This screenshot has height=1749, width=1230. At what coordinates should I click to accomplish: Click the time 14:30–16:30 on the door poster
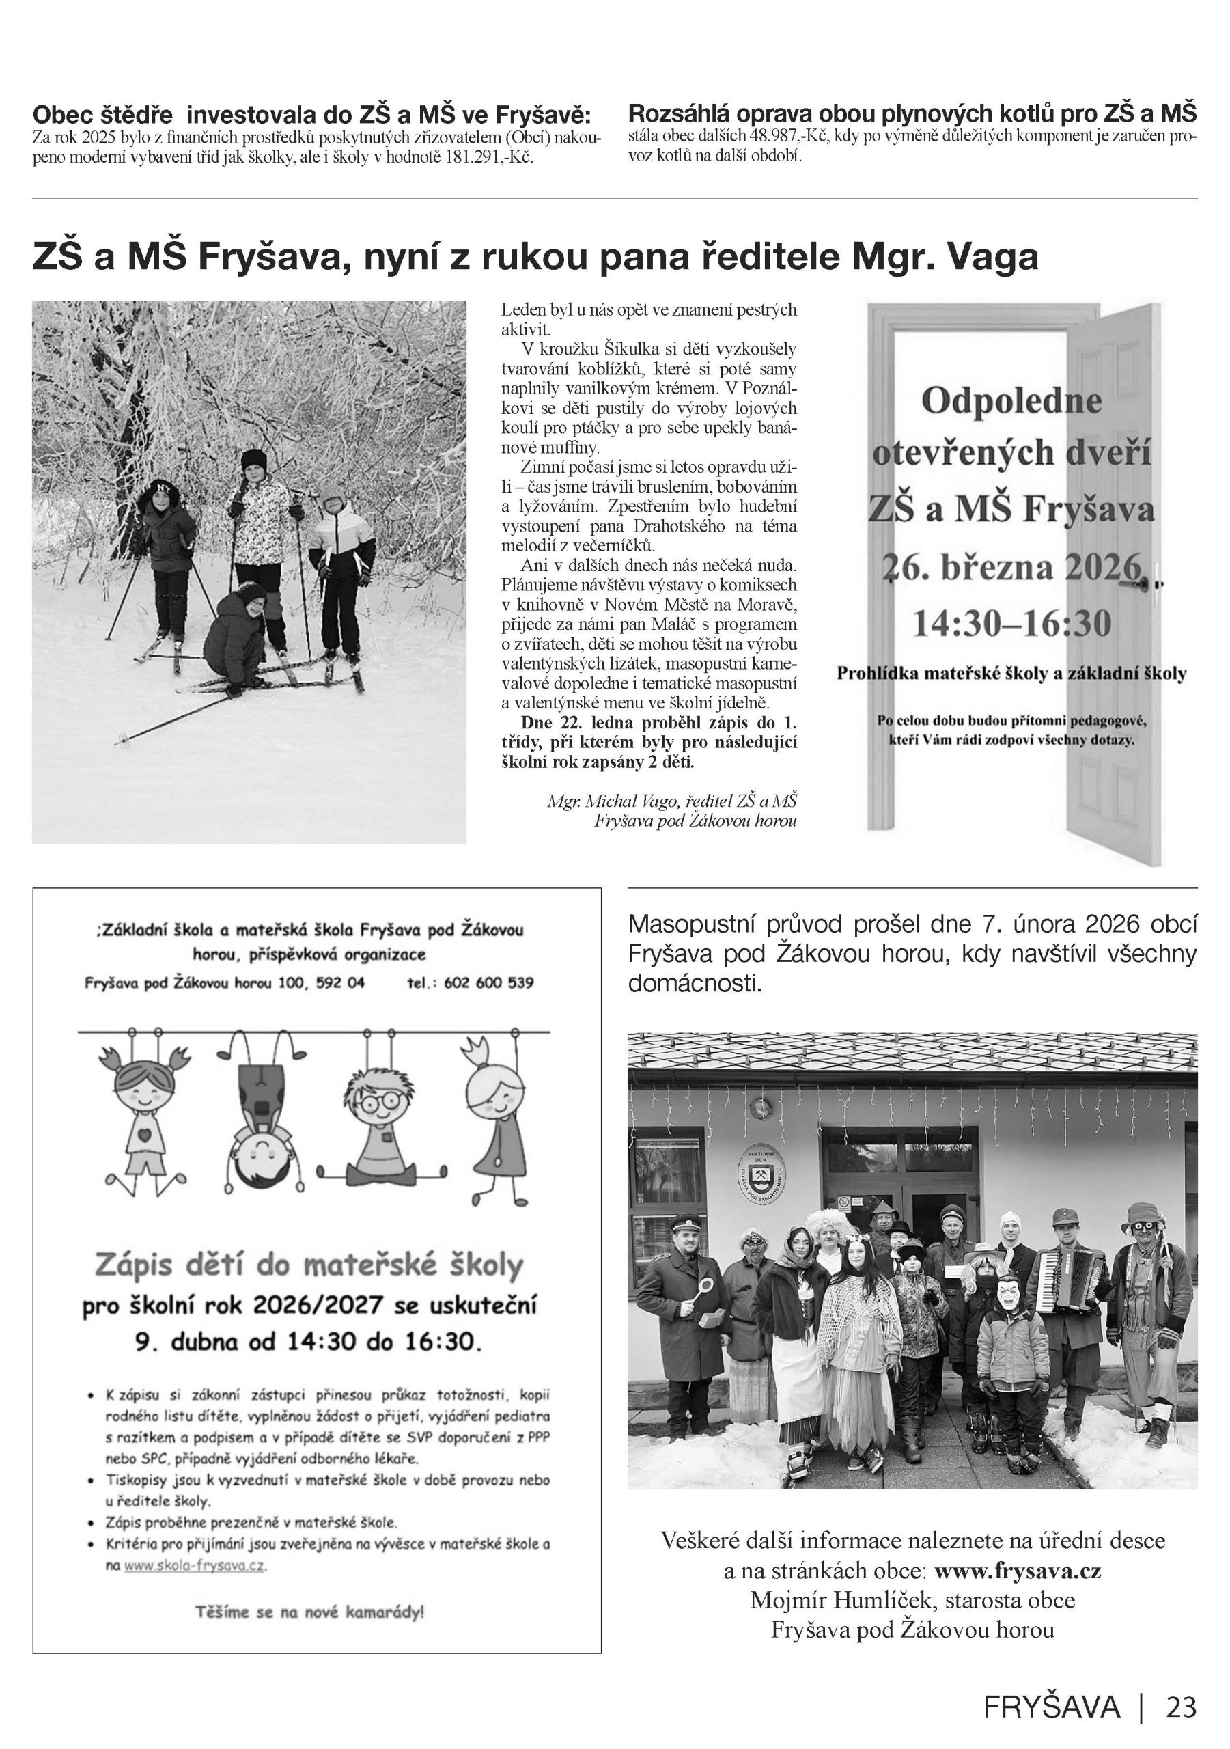(x=1011, y=623)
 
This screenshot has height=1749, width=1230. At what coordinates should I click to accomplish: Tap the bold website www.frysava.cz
(x=1018, y=1571)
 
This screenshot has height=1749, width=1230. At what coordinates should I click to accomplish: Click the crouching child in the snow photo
(x=238, y=631)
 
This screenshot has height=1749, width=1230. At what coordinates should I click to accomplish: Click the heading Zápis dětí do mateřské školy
(x=309, y=1265)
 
